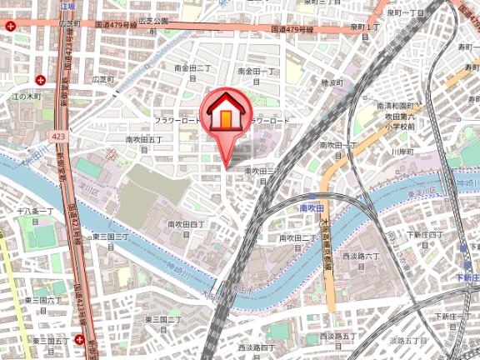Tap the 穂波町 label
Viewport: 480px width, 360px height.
(x=332, y=83)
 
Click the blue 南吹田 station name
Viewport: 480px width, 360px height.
(x=310, y=207)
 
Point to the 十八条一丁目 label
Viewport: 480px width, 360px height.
(x=34, y=216)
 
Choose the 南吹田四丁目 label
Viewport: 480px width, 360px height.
(x=186, y=229)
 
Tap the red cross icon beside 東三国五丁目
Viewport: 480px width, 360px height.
(x=78, y=339)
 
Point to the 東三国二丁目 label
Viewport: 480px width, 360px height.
(x=164, y=323)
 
